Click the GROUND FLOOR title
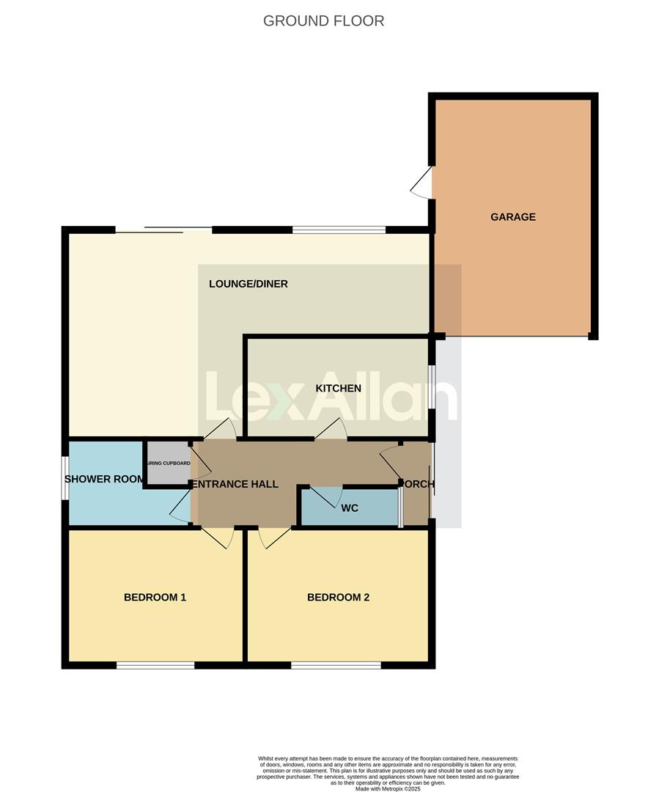click(323, 21)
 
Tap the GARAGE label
click(513, 217)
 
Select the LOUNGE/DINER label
click(248, 284)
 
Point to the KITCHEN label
click(338, 388)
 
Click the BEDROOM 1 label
click(155, 597)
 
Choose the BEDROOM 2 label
click(338, 597)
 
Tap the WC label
click(350, 507)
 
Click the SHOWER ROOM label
click(105, 480)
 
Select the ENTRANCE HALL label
click(235, 484)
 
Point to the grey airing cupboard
click(169, 463)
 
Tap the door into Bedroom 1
click(218, 538)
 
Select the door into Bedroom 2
click(273, 538)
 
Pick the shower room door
click(180, 507)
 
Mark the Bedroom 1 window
click(155, 665)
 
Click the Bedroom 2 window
click(336, 665)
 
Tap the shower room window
click(65, 478)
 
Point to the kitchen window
click(432, 387)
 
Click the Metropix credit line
click(388, 788)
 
